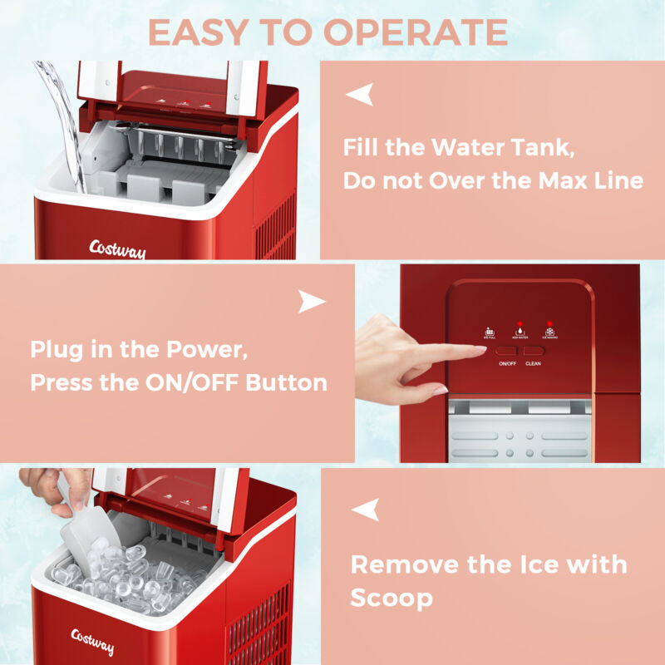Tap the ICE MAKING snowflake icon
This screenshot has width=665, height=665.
point(550,330)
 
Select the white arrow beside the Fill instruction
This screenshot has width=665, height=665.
point(359,95)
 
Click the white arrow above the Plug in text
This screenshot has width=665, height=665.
point(312,302)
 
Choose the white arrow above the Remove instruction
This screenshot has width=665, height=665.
point(364,509)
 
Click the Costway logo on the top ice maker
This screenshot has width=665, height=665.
point(116,249)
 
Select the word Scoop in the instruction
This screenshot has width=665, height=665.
point(392,598)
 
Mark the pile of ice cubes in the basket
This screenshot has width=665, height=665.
point(125,578)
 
